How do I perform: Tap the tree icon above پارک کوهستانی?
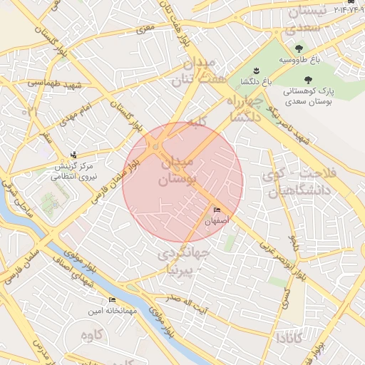pyautogui.click(x=308, y=81)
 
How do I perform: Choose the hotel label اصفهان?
pyautogui.click(x=217, y=222)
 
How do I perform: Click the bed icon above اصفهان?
pyautogui.click(x=217, y=210)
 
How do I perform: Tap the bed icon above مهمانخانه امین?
pyautogui.click(x=112, y=300)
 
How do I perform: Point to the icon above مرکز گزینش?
pyautogui.click(x=75, y=155)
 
